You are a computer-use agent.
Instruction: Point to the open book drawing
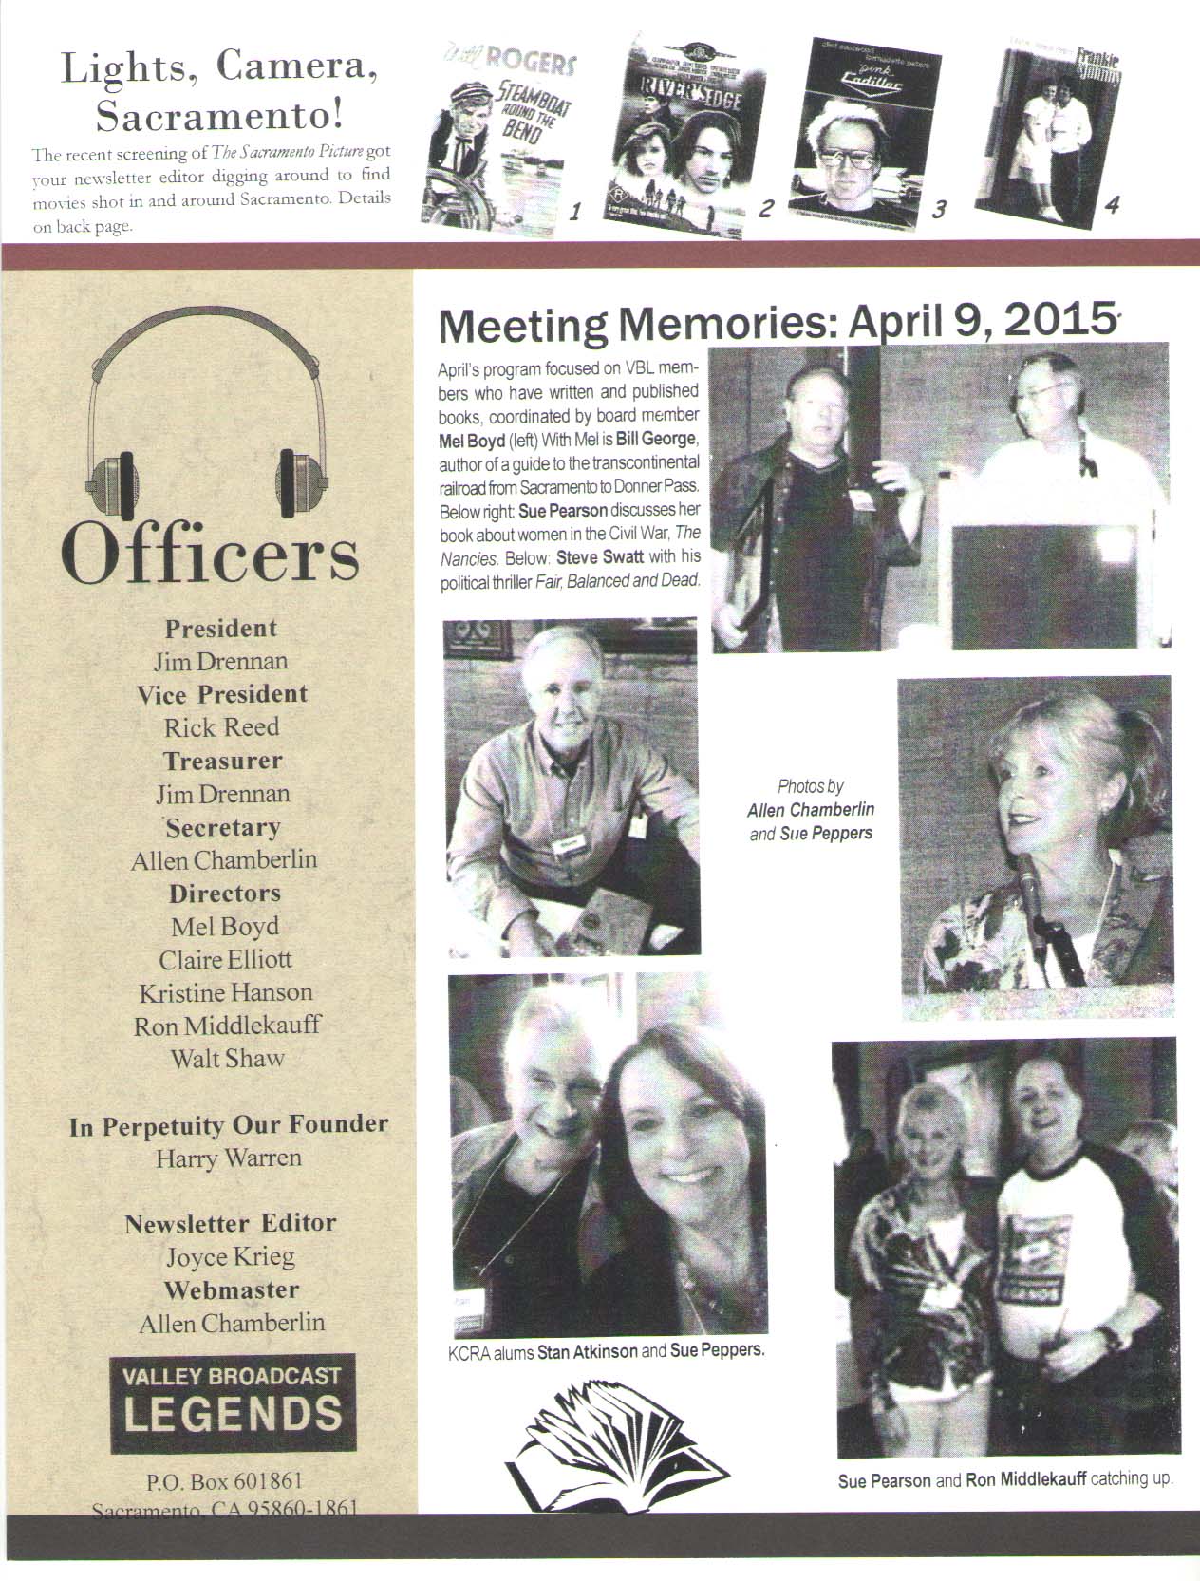pyautogui.click(x=617, y=1440)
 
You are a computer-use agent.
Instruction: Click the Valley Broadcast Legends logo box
pyautogui.click(x=232, y=1402)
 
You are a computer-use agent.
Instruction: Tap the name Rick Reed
pyautogui.click(x=221, y=727)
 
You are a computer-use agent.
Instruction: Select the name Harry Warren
pyautogui.click(x=229, y=1158)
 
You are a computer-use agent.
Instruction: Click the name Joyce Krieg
pyautogui.click(x=231, y=1257)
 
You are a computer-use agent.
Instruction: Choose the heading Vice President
pyautogui.click(x=222, y=694)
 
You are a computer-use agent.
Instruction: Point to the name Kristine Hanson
pyautogui.click(x=226, y=992)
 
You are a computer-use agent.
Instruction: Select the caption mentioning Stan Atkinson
pyautogui.click(x=606, y=1350)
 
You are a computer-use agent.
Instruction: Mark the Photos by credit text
pyautogui.click(x=811, y=810)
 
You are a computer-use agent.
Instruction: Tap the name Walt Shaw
pyautogui.click(x=227, y=1058)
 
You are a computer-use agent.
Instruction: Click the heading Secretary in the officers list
pyautogui.click(x=222, y=827)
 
